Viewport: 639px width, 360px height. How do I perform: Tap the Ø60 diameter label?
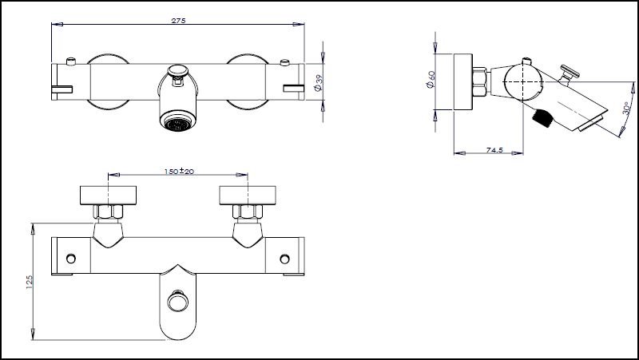432,81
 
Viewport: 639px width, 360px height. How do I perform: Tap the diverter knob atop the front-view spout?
178,77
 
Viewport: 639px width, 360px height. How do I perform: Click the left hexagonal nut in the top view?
109,212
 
